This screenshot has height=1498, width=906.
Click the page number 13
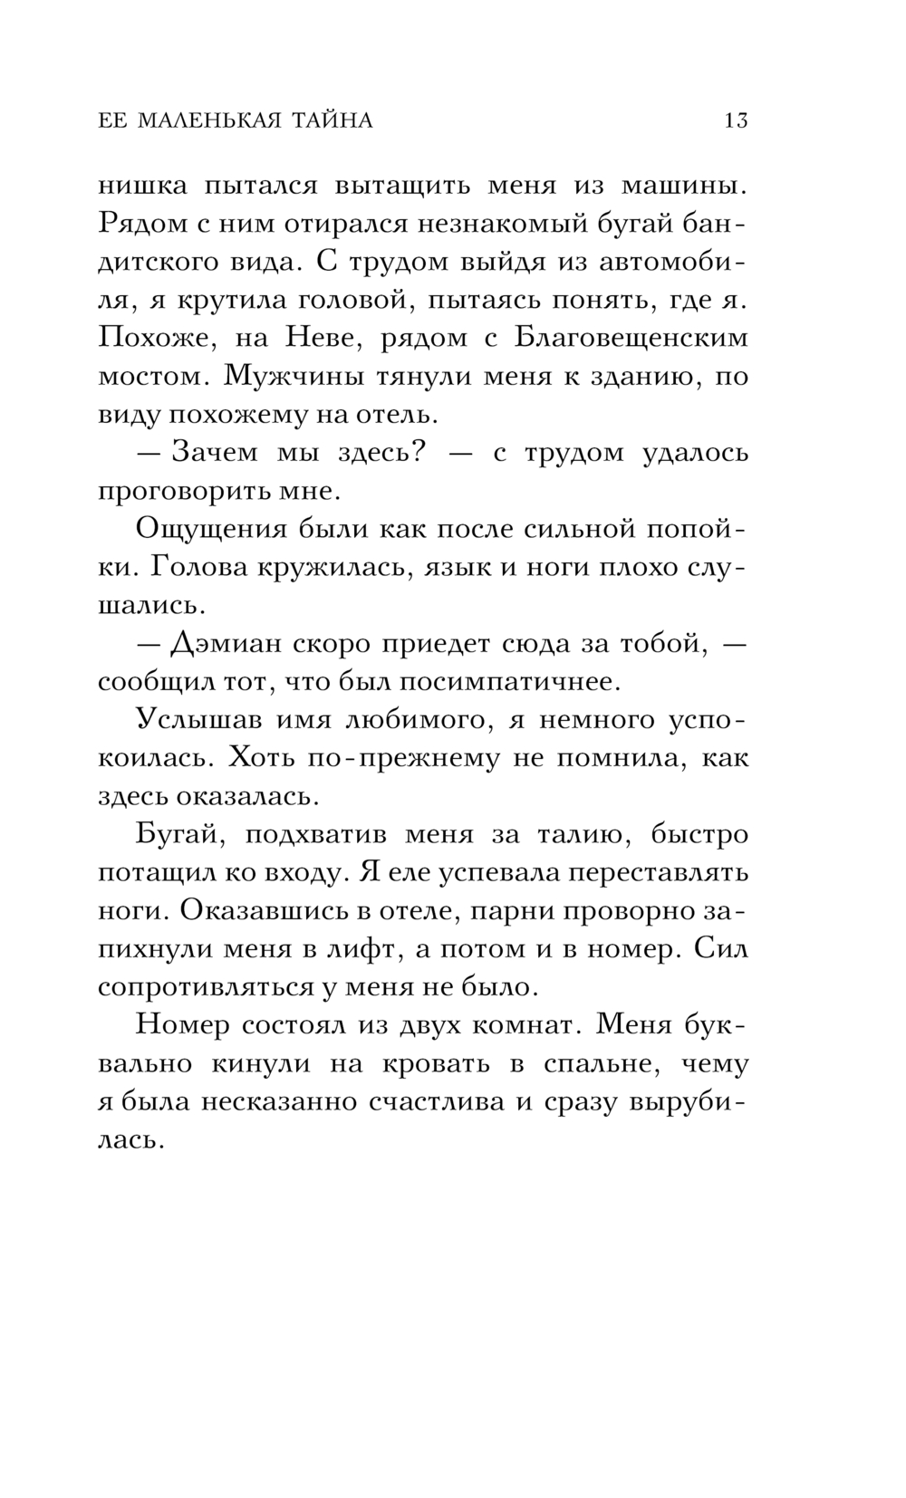pyautogui.click(x=736, y=120)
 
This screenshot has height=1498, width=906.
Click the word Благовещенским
pyautogui.click(x=631, y=338)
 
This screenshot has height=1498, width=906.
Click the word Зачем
pyautogui.click(x=216, y=452)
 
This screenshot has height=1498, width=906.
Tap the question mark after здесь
pyautogui.click(x=418, y=452)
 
